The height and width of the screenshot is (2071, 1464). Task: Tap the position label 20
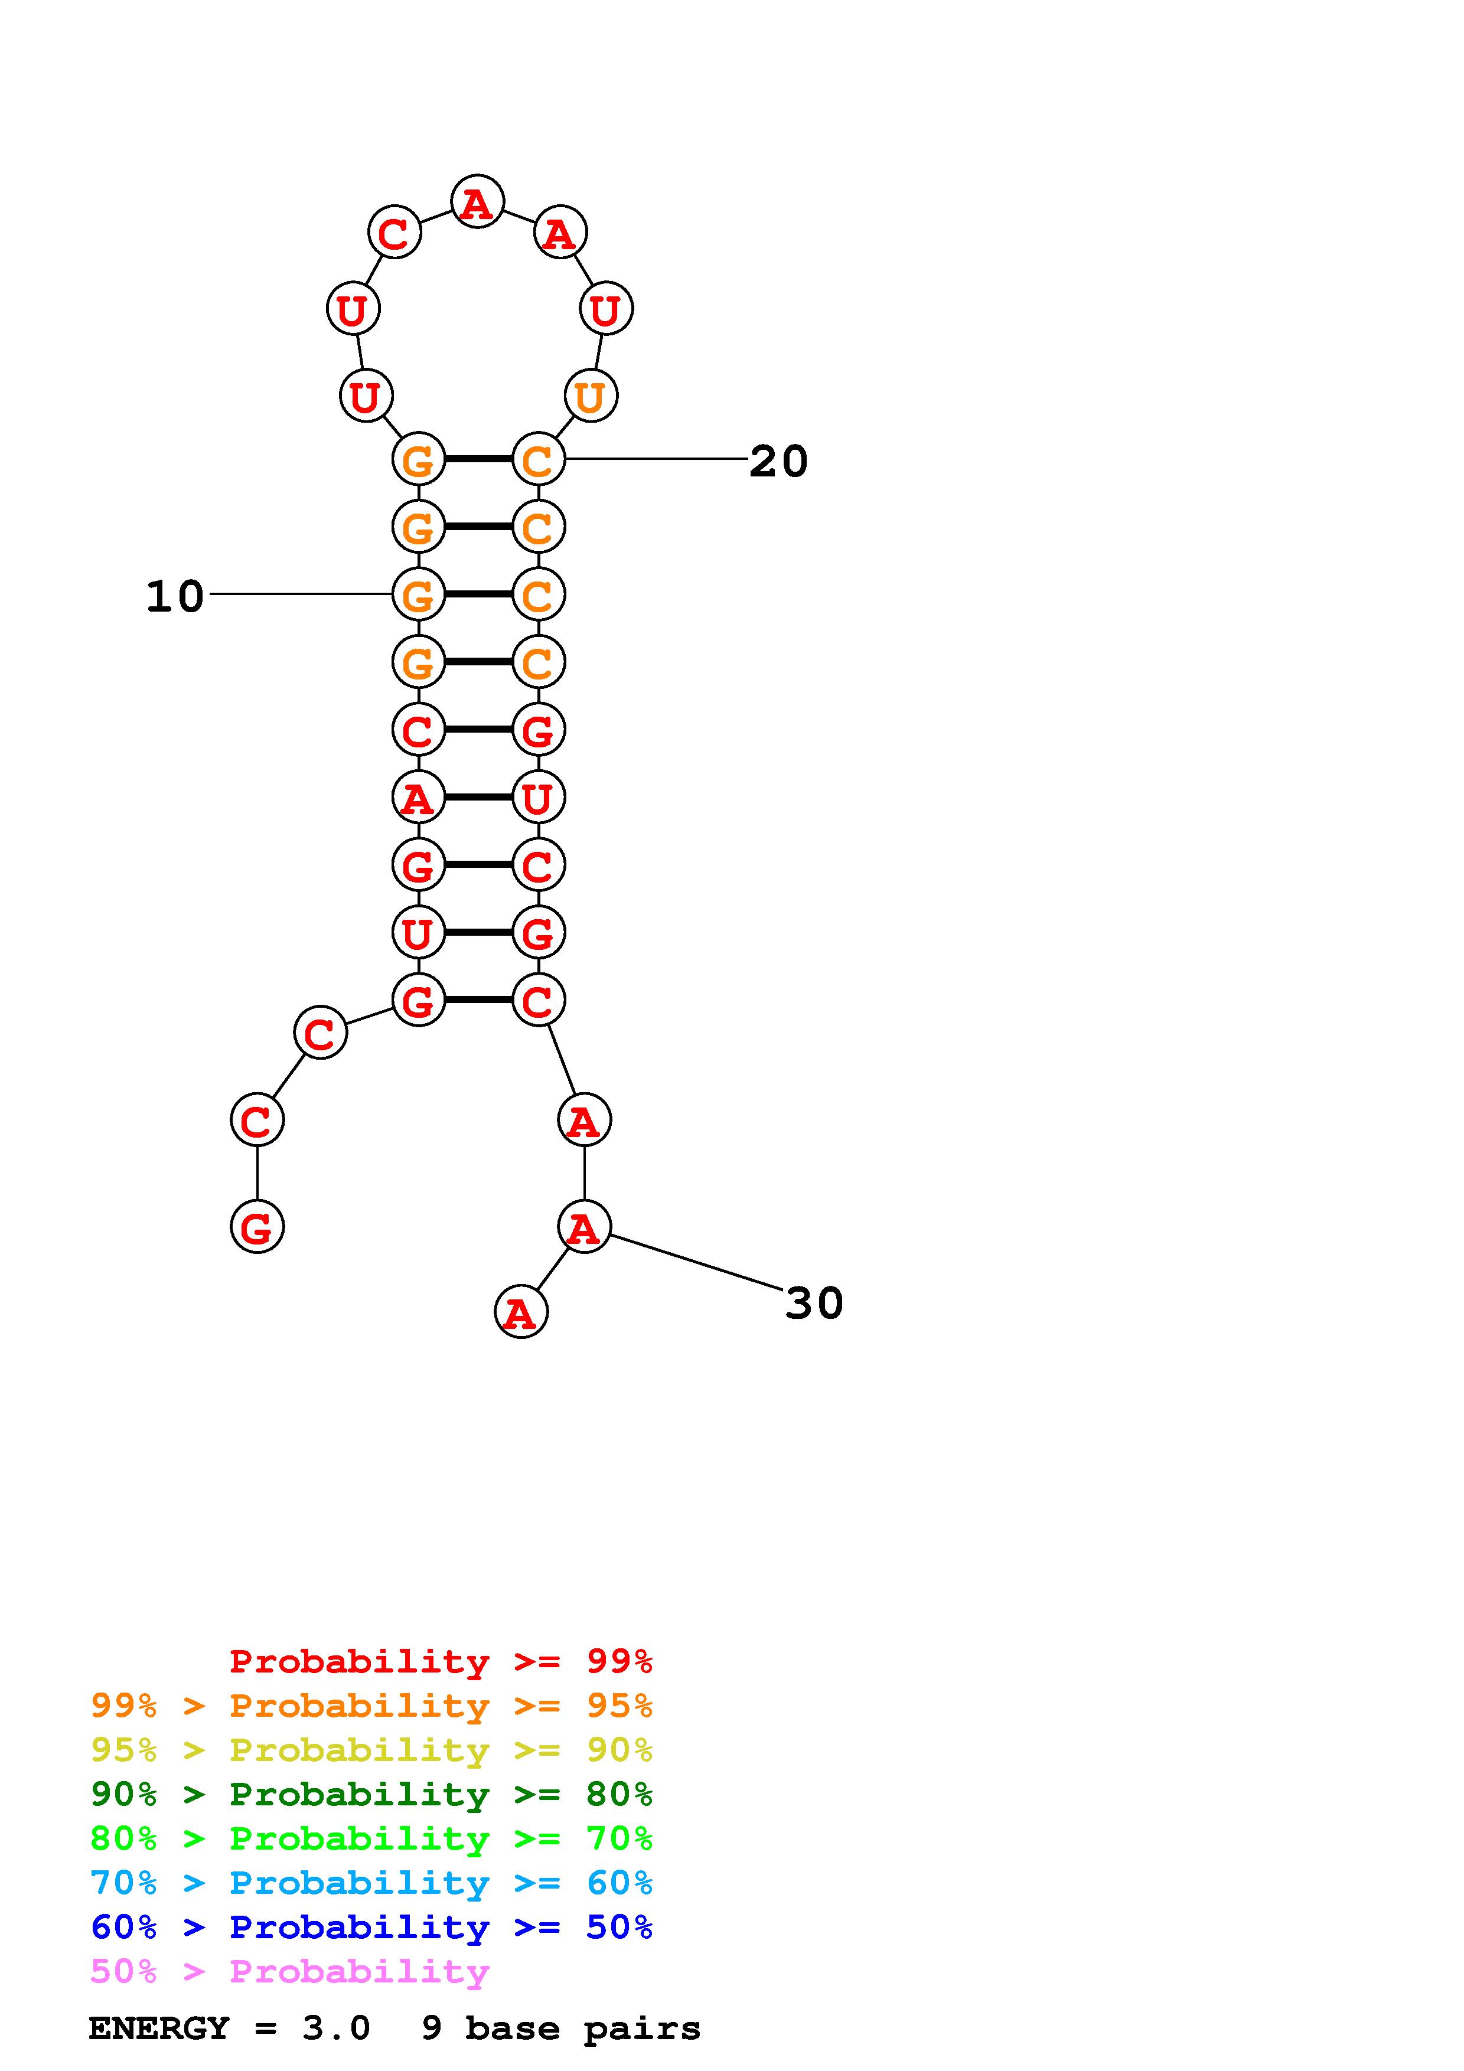click(778, 462)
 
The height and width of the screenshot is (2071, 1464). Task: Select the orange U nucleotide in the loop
click(590, 396)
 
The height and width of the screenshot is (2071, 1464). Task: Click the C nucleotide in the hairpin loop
click(394, 233)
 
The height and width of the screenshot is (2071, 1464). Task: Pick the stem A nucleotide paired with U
click(418, 798)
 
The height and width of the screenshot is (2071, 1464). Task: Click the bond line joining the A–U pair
click(478, 798)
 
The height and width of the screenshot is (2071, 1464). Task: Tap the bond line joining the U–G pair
click(478, 932)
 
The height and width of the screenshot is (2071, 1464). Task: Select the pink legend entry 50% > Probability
click(289, 1972)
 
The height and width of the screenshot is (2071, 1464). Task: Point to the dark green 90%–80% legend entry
click(371, 1794)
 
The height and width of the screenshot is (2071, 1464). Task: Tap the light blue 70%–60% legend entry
click(371, 1883)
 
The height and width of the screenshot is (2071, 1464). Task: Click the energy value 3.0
click(335, 2028)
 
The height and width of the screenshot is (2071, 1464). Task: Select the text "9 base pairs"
click(560, 2028)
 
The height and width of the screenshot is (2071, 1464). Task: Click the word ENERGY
click(159, 2028)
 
